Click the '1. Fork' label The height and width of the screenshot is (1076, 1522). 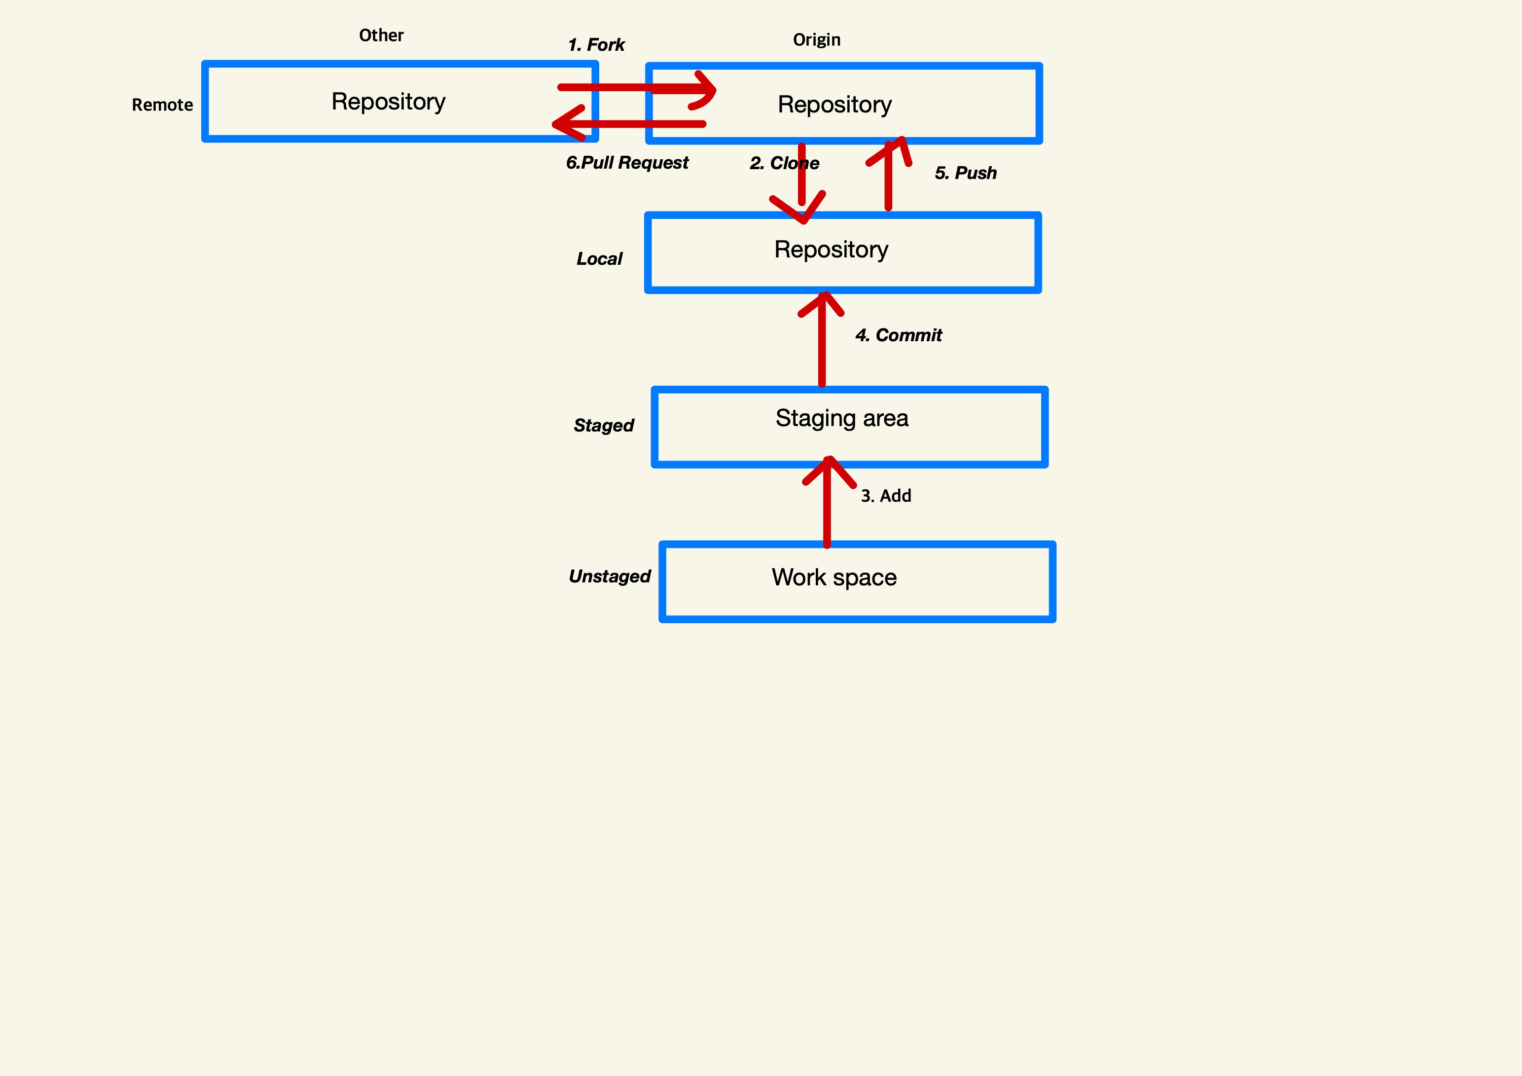pos(596,44)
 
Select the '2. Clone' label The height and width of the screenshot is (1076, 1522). pos(784,163)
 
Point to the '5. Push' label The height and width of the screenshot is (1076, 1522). pos(965,173)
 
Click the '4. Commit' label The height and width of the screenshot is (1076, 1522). pos(898,335)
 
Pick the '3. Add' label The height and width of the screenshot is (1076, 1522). pos(886,496)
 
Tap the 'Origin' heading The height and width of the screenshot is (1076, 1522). pos(817,40)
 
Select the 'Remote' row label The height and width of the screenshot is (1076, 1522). pos(162,105)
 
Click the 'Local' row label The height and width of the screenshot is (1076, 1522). pos(599,258)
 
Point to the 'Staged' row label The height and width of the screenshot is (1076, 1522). pos(603,425)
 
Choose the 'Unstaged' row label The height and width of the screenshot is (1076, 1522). pos(609,576)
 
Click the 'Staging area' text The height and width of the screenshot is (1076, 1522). pos(842,418)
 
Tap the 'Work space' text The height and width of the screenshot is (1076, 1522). pos(834,577)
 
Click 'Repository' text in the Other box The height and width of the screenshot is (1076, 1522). pos(389,102)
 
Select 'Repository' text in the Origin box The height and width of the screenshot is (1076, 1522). pos(834,105)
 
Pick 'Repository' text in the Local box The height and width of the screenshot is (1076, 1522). pos(831,250)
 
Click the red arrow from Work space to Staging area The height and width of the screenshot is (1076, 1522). pos(827,510)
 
